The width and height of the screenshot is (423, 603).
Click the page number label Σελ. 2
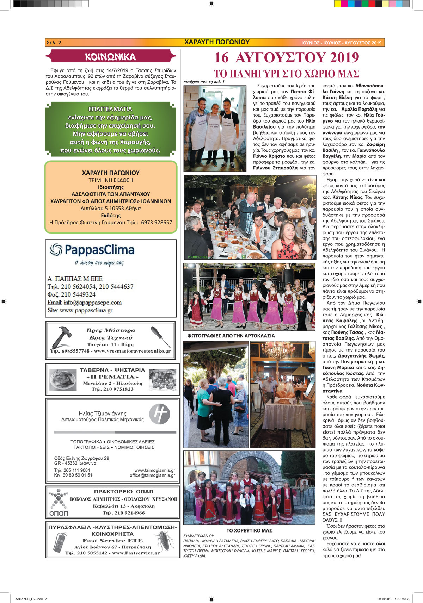click(54, 43)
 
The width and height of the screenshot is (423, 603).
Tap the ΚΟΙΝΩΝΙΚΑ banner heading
click(110, 57)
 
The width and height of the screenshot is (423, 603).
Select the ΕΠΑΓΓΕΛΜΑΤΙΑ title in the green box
click(110, 109)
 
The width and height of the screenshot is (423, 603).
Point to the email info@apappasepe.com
click(85, 303)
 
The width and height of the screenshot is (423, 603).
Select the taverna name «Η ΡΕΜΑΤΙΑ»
click(112, 377)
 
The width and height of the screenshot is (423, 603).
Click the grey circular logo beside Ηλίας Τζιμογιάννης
click(159, 414)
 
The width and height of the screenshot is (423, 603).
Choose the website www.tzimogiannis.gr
click(154, 470)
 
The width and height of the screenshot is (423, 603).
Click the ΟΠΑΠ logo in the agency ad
click(59, 503)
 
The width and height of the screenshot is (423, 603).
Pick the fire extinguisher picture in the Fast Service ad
click(60, 542)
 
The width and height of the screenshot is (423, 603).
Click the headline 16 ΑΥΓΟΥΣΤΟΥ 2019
click(286, 58)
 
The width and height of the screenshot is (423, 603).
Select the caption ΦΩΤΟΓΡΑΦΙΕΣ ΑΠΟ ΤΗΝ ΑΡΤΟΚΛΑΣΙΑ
click(231, 336)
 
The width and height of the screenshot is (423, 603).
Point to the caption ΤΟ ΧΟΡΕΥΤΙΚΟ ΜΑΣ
click(249, 530)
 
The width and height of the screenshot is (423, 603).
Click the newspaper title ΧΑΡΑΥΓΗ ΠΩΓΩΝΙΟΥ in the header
click(217, 42)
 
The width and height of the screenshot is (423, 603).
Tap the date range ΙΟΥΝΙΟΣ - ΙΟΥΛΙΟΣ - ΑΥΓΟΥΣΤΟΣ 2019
click(341, 43)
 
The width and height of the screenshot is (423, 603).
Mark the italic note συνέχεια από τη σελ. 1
click(204, 82)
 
